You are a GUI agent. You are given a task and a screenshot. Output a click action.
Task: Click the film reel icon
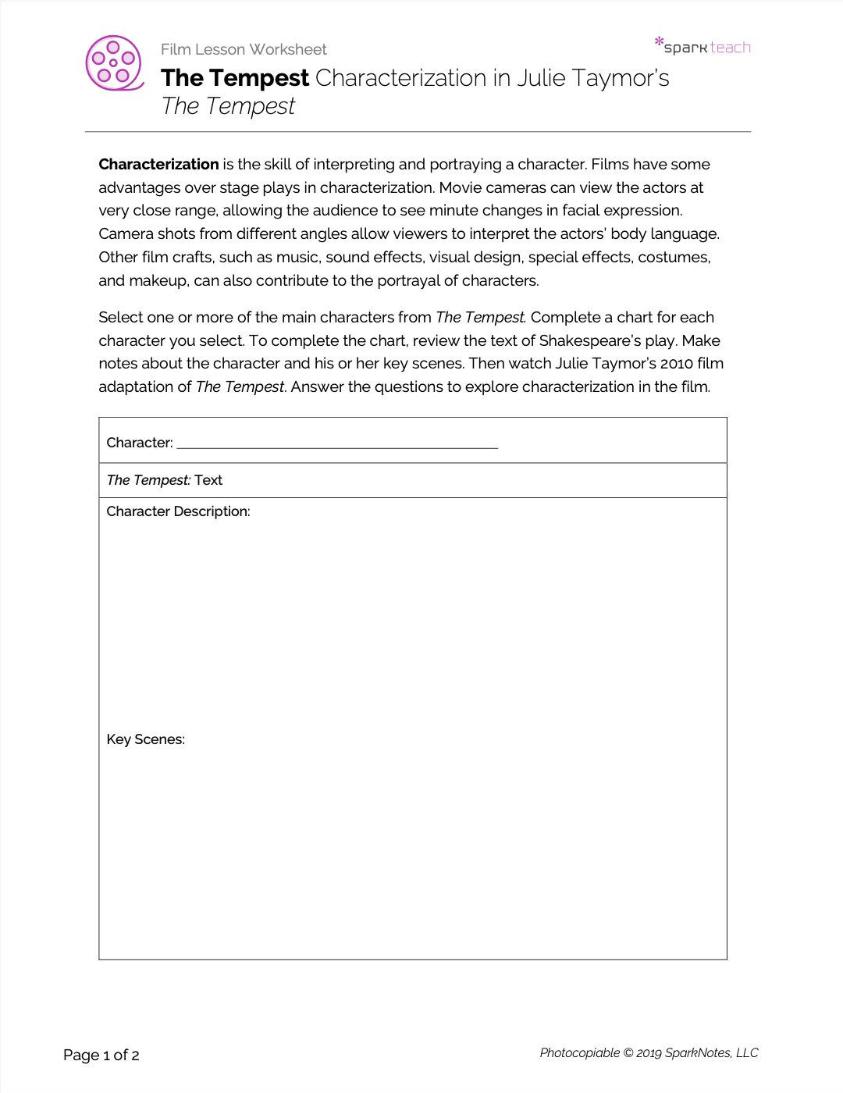[114, 62]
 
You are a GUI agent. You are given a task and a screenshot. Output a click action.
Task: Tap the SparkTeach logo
[702, 47]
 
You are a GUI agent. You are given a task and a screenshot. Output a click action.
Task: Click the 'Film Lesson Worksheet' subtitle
[244, 49]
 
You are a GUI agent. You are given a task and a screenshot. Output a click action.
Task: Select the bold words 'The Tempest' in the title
[235, 78]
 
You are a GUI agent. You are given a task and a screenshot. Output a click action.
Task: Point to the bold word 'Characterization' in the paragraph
[158, 164]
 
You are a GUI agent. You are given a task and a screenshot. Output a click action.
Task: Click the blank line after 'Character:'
[337, 443]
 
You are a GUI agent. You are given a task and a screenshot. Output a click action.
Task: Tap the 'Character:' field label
[139, 443]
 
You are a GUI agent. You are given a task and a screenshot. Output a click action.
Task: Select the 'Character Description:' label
[178, 511]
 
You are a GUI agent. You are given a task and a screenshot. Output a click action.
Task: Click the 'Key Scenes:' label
[145, 739]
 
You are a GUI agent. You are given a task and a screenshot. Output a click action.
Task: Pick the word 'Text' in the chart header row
[208, 480]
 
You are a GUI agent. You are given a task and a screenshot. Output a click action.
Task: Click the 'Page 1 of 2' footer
[101, 1056]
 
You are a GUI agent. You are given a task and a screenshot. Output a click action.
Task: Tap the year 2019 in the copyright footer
[649, 1053]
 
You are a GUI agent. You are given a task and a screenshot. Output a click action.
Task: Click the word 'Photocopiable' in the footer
[579, 1053]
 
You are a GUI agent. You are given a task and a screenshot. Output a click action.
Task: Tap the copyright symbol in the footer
[628, 1053]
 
